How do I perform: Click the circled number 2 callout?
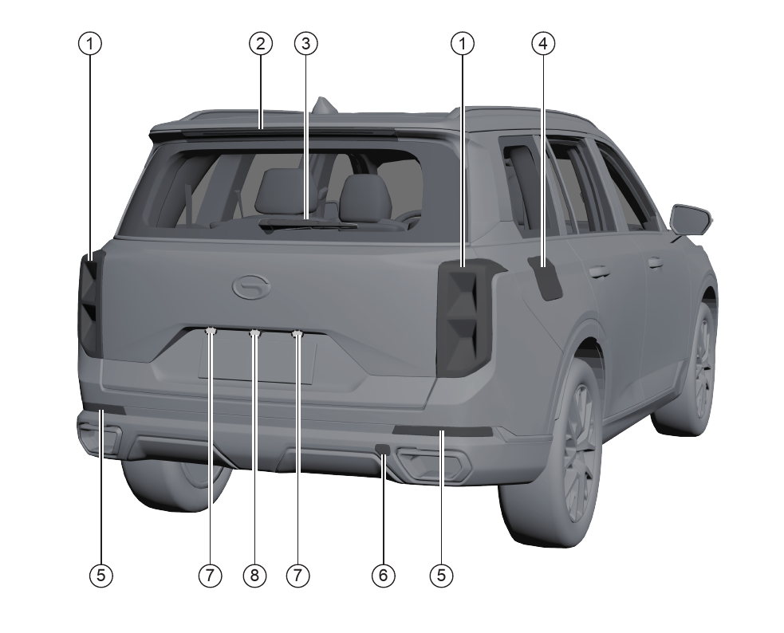(x=261, y=44)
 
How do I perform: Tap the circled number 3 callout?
(x=306, y=44)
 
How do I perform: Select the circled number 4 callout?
(x=543, y=44)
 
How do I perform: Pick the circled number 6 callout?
(x=384, y=576)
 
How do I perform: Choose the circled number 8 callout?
(x=254, y=576)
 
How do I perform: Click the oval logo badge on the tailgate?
(x=251, y=288)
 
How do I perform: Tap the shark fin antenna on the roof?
(x=324, y=105)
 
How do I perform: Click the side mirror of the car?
(x=691, y=220)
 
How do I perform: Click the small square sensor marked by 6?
(x=383, y=449)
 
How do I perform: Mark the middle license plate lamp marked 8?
(x=255, y=332)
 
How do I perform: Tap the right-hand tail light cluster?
(x=465, y=318)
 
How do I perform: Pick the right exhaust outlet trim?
(x=434, y=462)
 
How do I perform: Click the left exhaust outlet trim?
(x=99, y=435)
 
